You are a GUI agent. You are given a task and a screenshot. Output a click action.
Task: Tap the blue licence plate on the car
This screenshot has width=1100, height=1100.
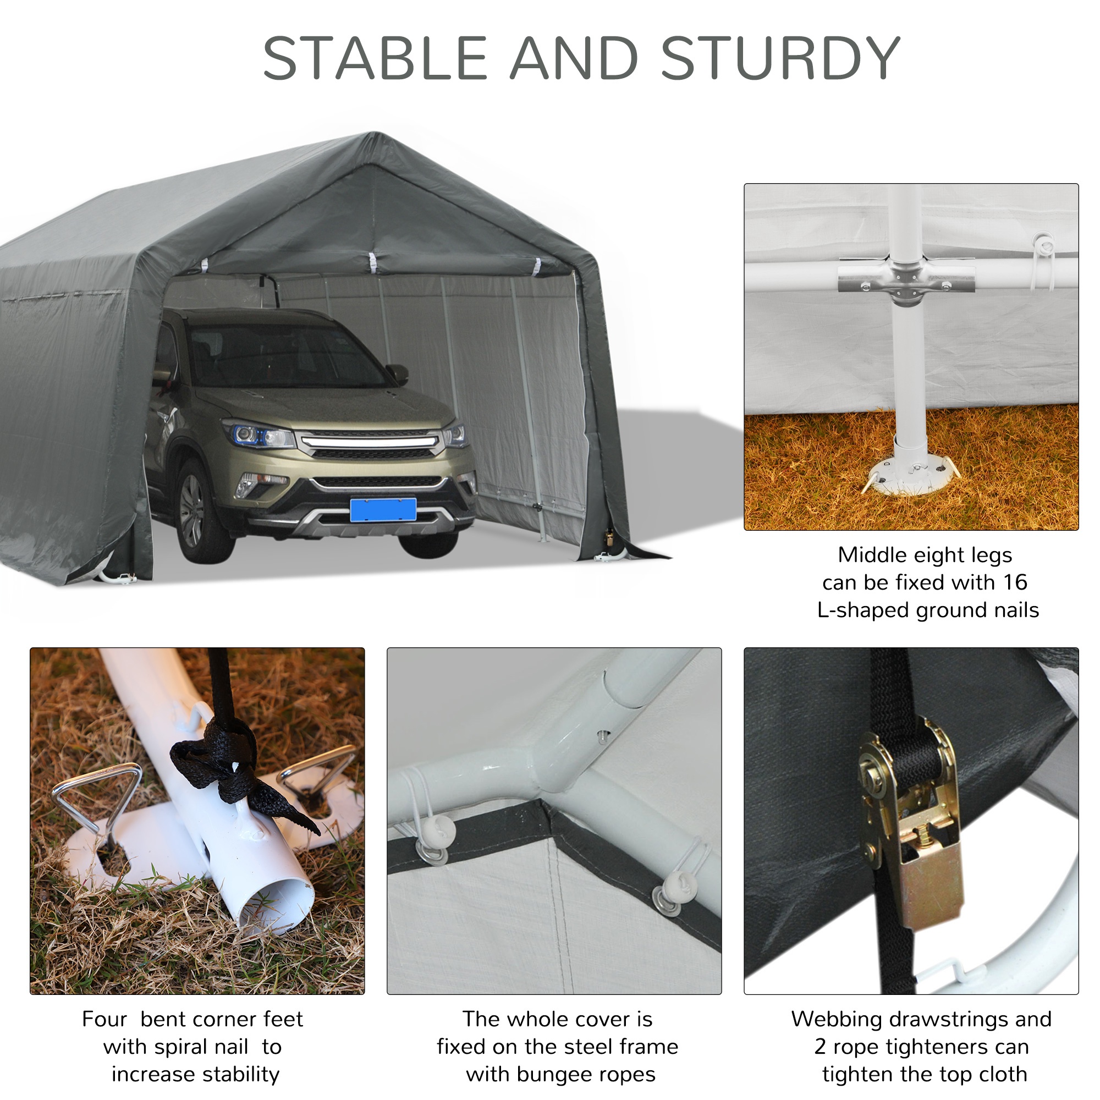tap(383, 510)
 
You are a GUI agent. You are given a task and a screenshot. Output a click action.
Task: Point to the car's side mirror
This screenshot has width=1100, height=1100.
tap(398, 373)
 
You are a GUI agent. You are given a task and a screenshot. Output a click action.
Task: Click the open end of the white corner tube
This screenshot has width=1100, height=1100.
tap(277, 905)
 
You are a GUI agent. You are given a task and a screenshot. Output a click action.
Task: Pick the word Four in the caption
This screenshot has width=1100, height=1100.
tap(104, 1019)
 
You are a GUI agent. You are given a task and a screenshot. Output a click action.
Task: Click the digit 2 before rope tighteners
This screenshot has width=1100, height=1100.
tap(820, 1047)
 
